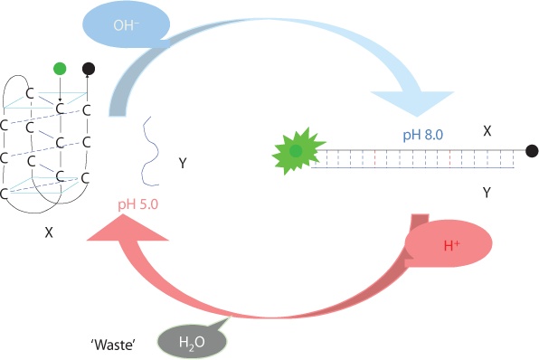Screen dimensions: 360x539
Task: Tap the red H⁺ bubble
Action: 449,244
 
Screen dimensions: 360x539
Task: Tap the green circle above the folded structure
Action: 60,68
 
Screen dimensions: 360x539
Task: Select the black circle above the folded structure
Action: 88,68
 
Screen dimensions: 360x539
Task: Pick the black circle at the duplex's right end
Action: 532,150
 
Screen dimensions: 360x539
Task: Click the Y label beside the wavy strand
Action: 183,164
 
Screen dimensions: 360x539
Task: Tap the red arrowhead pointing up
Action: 127,231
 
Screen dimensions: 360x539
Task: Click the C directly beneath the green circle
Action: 60,109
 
